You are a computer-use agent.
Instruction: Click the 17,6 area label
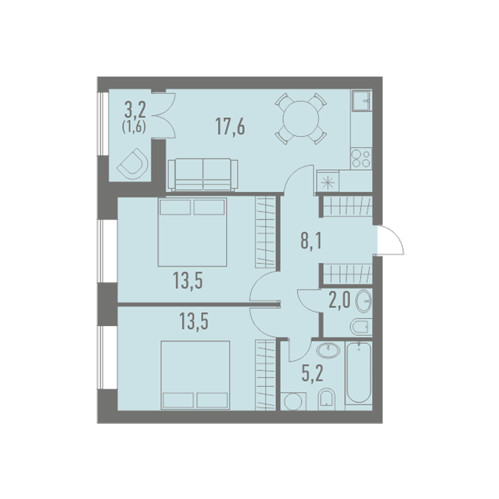point(230,126)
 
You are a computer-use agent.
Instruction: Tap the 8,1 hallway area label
point(311,241)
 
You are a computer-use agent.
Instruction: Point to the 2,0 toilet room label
point(339,300)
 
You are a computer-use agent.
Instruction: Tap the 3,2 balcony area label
point(135,110)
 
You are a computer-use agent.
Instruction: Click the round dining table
point(301,118)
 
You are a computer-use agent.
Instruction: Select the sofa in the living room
point(203,175)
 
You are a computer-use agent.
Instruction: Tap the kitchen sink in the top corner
point(361,100)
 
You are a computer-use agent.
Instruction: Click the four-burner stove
point(361,158)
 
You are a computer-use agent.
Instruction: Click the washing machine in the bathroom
point(293,401)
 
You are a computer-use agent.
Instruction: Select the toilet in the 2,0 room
point(361,326)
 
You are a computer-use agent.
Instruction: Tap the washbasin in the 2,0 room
point(363,301)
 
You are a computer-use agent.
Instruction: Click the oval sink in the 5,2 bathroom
point(328,351)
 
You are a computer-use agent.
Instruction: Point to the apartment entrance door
point(390,240)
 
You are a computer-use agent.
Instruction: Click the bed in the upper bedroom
point(192,232)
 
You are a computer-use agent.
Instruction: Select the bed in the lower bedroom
point(195,375)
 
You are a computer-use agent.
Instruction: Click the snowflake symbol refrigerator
point(327,182)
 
